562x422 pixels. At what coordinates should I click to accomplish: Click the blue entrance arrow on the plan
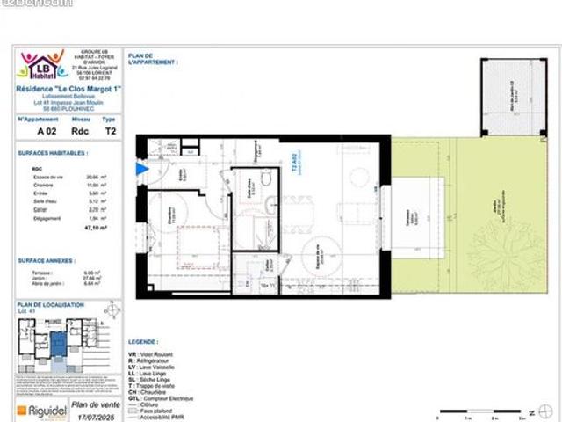[x=139, y=170]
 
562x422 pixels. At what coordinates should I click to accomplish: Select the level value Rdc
[x=80, y=130]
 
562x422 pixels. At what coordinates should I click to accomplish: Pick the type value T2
[x=108, y=130]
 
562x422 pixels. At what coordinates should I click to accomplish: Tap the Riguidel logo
[x=40, y=410]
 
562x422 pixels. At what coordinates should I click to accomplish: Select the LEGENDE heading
[x=142, y=341]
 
